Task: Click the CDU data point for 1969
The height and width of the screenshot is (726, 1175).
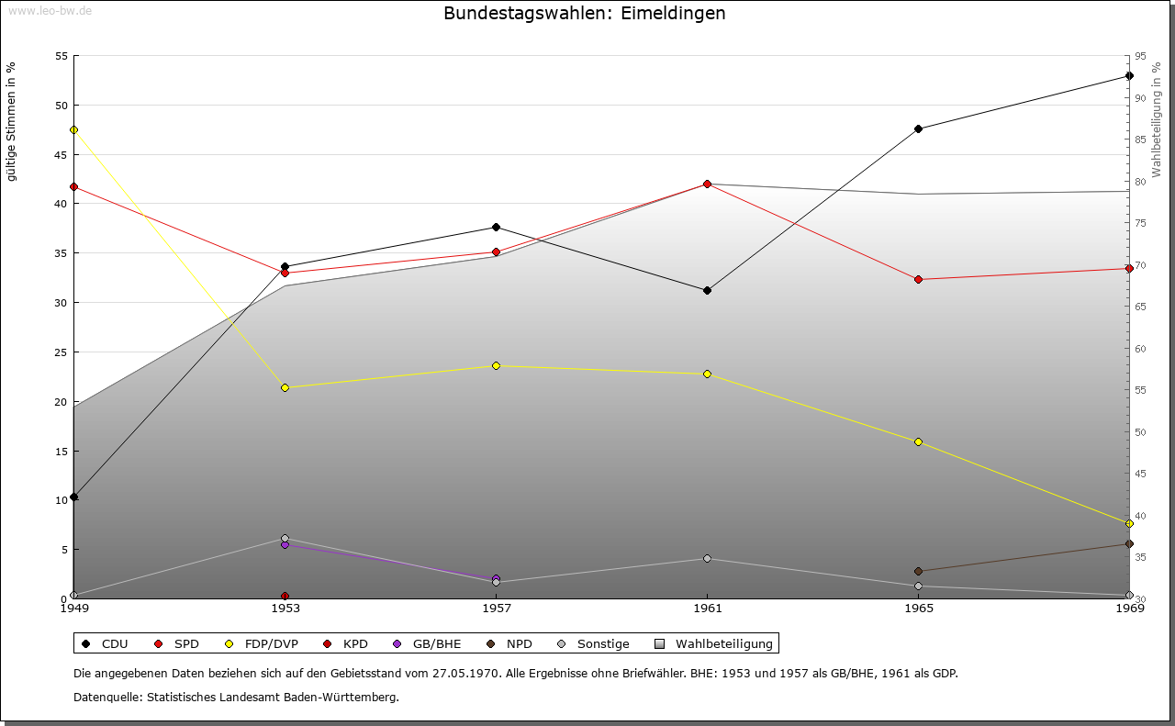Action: (x=1129, y=76)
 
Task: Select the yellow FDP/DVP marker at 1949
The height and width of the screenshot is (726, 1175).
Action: (x=74, y=129)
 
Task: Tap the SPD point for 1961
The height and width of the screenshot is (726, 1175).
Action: (x=707, y=184)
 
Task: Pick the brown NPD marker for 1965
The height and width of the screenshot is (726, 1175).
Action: (x=919, y=571)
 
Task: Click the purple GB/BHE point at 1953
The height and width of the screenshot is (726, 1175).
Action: (x=285, y=545)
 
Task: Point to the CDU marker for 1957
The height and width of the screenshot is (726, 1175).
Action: (x=497, y=227)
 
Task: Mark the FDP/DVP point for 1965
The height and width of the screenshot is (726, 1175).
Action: (x=919, y=442)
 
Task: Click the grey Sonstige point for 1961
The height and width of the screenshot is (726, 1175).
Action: (x=707, y=559)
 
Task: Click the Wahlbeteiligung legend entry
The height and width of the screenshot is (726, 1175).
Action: (x=714, y=643)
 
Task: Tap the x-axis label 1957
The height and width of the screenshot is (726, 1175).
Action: (x=497, y=609)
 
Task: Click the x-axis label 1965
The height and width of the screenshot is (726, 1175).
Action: (x=919, y=609)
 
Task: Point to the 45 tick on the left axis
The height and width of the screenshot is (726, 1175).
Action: (x=62, y=155)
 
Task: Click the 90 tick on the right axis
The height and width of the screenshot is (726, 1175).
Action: (x=1140, y=98)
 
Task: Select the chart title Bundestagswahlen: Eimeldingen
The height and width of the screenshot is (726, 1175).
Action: (x=585, y=13)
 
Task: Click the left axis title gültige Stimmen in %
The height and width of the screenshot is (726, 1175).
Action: (x=11, y=122)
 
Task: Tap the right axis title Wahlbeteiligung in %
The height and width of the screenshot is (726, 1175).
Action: (x=1157, y=120)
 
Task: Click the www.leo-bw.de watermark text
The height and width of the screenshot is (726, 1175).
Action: (x=50, y=11)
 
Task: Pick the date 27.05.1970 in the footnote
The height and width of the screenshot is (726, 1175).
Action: (x=465, y=673)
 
